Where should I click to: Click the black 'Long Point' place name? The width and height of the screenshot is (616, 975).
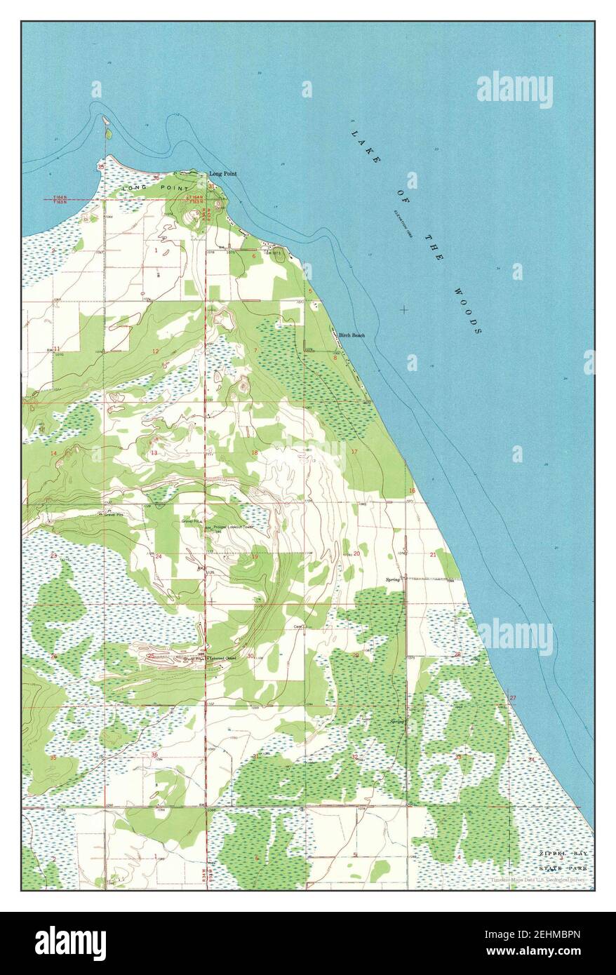(x=224, y=173)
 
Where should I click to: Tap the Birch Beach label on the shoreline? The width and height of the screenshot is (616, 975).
(x=351, y=335)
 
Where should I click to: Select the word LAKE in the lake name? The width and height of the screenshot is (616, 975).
(x=364, y=143)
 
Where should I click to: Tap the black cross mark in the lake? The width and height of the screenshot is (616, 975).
(x=403, y=309)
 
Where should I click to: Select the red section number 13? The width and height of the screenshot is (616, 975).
(x=153, y=453)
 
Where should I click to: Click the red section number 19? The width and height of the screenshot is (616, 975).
(x=254, y=556)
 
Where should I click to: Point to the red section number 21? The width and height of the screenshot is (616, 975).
(x=433, y=555)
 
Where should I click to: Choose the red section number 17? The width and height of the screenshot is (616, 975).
(x=354, y=452)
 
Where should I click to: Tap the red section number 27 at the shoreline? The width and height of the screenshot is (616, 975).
(x=513, y=698)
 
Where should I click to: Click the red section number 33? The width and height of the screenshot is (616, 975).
(x=458, y=757)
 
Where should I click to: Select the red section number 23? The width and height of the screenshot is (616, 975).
(x=53, y=556)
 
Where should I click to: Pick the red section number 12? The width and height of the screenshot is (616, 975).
(x=155, y=351)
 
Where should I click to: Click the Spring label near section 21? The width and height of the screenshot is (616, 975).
(x=392, y=579)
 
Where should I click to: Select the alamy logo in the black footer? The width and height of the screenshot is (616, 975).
(x=70, y=943)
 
